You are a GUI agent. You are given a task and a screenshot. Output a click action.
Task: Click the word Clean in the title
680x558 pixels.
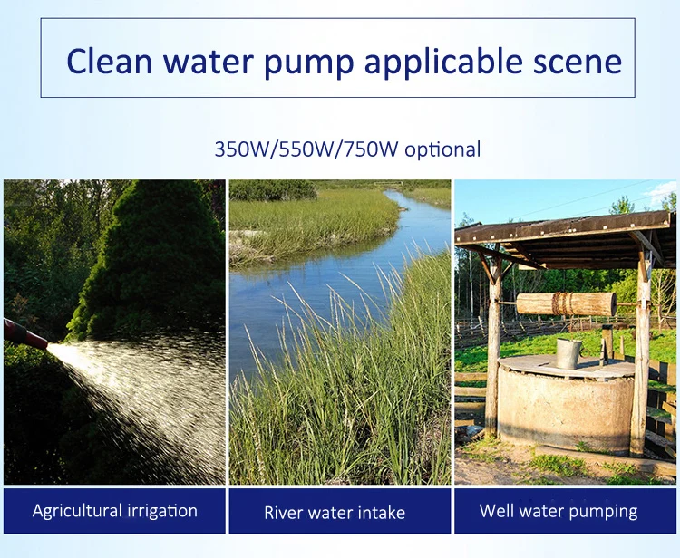tap(110, 61)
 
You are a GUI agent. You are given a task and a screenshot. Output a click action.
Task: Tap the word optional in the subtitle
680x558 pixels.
tap(442, 150)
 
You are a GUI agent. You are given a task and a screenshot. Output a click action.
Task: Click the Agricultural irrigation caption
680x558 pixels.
tap(115, 511)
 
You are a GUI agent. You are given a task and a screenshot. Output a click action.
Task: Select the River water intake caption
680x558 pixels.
tap(335, 513)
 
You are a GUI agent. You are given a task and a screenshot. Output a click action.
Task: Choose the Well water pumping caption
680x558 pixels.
tap(559, 511)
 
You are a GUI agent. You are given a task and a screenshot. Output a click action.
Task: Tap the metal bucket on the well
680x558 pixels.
tap(568, 353)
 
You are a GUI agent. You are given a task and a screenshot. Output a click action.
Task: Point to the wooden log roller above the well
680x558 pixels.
tap(567, 303)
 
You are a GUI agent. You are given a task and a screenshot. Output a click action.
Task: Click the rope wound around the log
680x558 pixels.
tap(563, 303)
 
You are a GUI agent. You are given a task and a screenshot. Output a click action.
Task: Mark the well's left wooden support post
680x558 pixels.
tap(493, 342)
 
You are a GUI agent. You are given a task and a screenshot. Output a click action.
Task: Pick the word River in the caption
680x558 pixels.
tap(278, 513)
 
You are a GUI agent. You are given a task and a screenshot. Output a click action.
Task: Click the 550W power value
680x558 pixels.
tap(306, 149)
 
